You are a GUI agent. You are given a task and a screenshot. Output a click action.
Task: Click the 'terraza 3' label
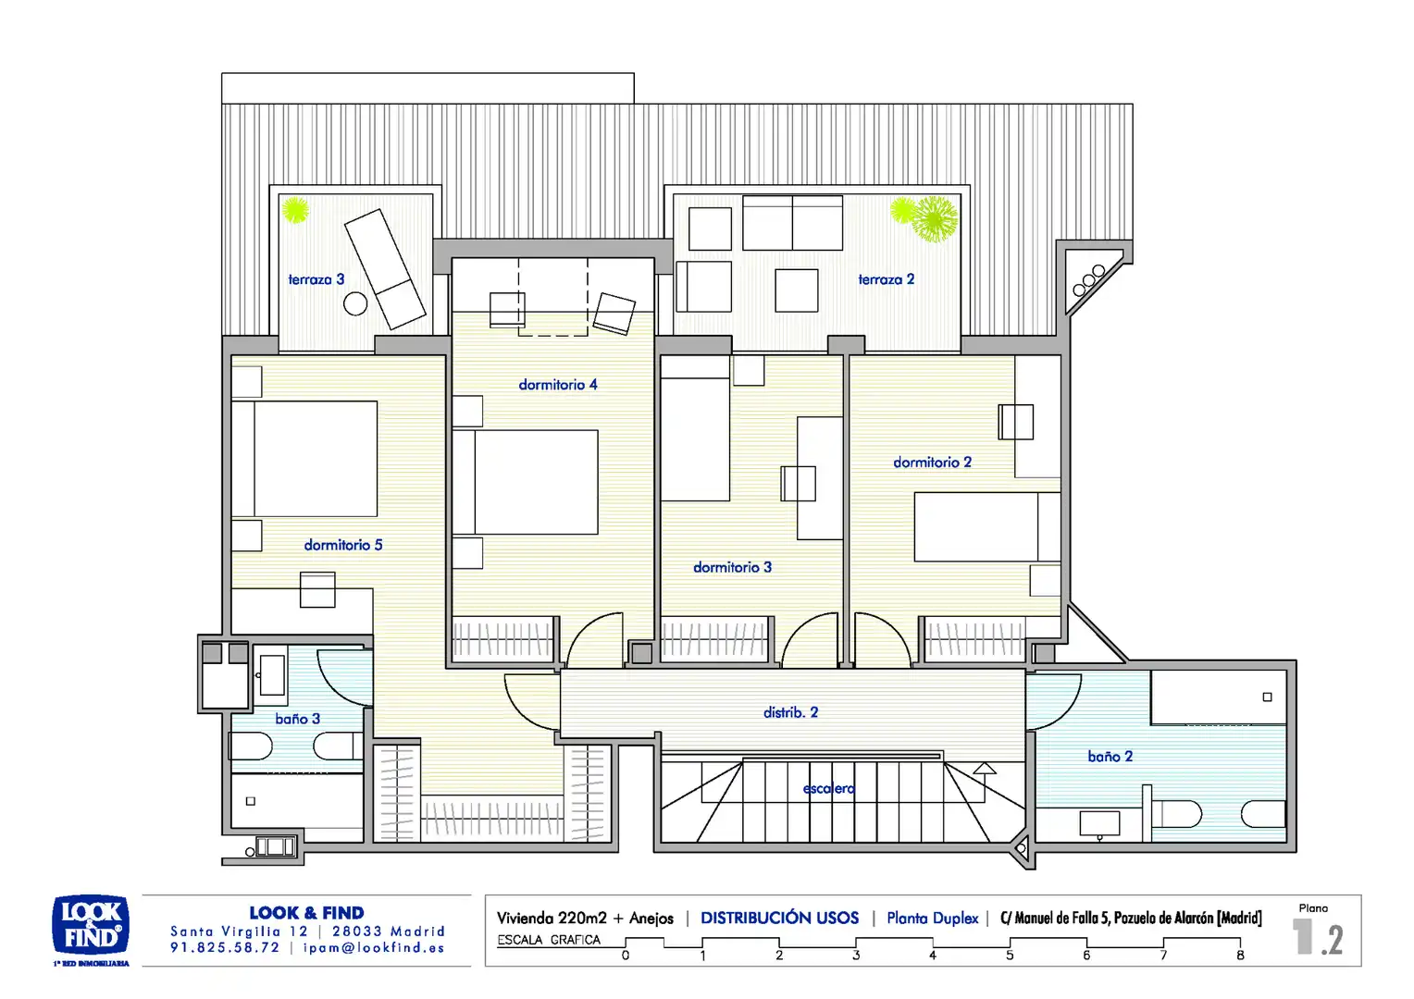(316, 279)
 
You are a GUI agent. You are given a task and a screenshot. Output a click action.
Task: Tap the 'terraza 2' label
(887, 279)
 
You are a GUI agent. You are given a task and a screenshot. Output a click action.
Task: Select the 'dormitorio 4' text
(558, 384)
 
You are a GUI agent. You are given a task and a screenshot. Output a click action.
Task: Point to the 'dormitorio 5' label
(343, 545)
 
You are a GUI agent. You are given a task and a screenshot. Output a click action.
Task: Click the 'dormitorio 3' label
(732, 567)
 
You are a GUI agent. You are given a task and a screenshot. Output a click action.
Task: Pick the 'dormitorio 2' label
(933, 462)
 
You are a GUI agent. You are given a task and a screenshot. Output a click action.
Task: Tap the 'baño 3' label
(297, 719)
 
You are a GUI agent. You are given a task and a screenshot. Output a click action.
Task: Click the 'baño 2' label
(1110, 756)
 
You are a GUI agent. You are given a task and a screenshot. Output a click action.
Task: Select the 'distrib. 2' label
(791, 712)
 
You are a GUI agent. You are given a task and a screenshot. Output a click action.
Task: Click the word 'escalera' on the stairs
(829, 788)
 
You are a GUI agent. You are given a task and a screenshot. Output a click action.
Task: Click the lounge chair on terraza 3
(384, 269)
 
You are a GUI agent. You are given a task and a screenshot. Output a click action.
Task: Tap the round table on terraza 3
(355, 304)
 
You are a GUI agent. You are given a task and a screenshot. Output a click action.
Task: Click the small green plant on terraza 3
(295, 210)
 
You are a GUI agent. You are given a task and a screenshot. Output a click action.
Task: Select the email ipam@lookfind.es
(374, 948)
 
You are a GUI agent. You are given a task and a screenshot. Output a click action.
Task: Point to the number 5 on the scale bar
(1010, 956)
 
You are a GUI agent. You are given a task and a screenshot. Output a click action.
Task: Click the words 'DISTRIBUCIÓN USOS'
(779, 918)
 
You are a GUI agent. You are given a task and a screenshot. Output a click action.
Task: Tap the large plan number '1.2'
(1318, 938)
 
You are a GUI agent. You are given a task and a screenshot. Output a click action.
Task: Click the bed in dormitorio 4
(526, 482)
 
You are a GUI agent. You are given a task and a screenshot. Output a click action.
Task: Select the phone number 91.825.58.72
(225, 948)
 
